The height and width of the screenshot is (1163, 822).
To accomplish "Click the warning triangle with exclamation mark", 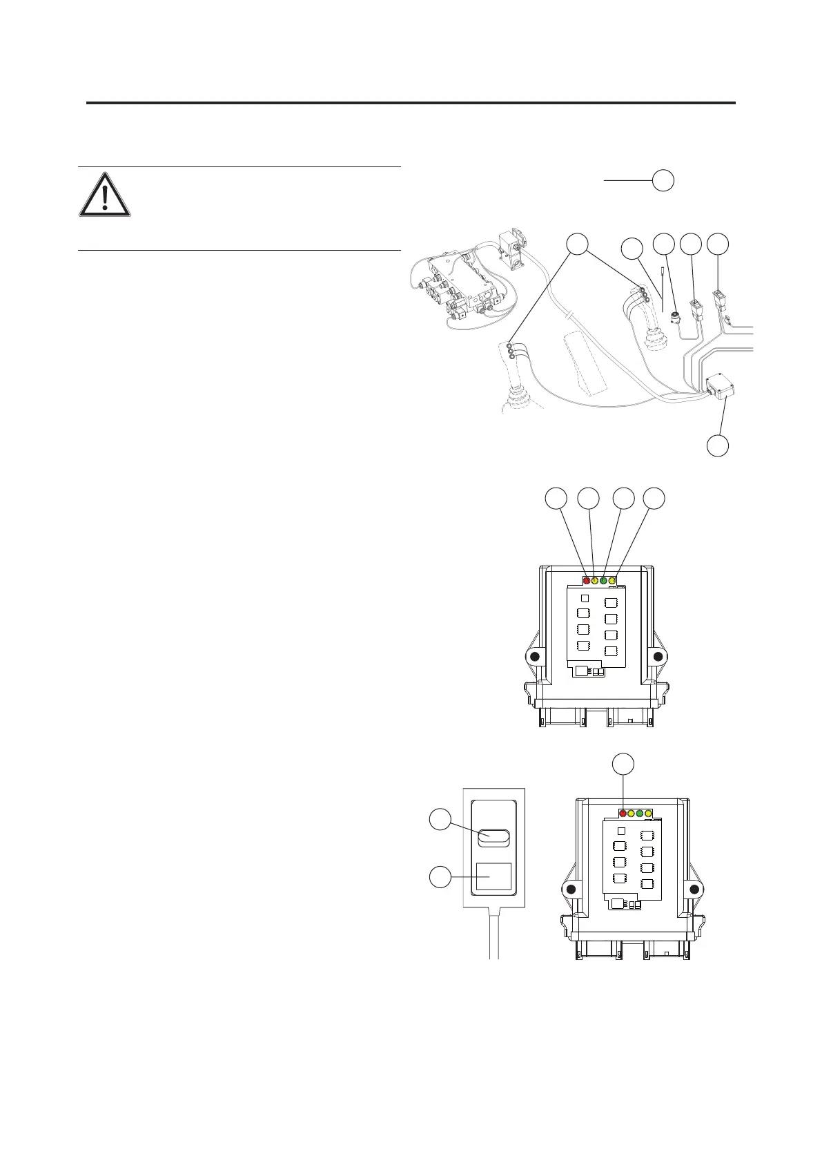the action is (x=104, y=196).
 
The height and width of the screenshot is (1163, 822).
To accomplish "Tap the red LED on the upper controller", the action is (x=587, y=580).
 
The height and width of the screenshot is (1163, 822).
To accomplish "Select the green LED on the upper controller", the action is (x=603, y=580).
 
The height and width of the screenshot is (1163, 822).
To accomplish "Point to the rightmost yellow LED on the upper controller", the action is (x=612, y=580).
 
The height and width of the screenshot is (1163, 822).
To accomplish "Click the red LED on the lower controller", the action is (x=623, y=814).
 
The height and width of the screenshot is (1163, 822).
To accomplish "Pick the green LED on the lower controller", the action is (x=640, y=814).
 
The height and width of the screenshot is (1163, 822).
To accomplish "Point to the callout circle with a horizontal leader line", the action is (x=663, y=180).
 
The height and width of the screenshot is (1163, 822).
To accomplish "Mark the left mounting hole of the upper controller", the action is (x=533, y=656).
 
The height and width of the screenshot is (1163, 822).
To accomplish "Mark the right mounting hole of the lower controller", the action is (x=695, y=888).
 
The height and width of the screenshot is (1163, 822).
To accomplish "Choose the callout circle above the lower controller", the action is (x=624, y=764).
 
